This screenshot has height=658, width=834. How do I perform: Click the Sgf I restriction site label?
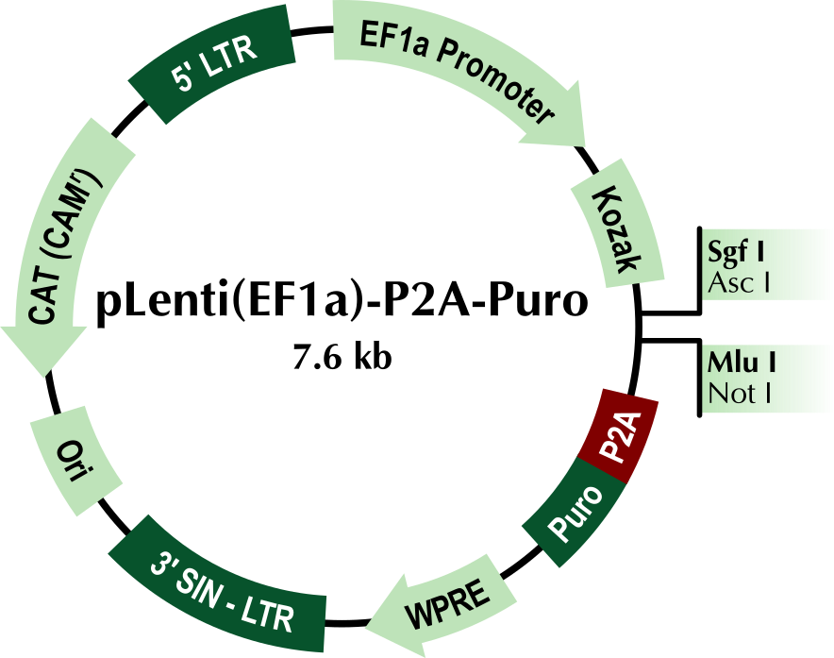coord(736,252)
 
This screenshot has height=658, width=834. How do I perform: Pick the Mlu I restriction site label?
coord(736,362)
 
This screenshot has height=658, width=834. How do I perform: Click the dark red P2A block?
coord(620,434)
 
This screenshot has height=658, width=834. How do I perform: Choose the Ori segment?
coord(76,463)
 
